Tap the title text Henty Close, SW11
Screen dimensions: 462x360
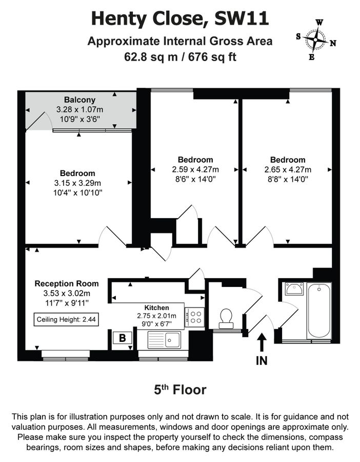[179, 19]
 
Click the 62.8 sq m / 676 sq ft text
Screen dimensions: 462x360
[179, 56]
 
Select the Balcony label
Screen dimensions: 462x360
[79, 100]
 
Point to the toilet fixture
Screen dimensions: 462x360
[225, 318]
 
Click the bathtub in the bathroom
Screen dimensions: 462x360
[319, 311]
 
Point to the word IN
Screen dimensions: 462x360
[262, 361]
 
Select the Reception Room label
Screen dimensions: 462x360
[67, 283]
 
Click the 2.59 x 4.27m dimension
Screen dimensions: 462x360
[195, 169]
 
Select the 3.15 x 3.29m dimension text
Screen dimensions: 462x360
[77, 183]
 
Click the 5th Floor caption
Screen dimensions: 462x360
[180, 390]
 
